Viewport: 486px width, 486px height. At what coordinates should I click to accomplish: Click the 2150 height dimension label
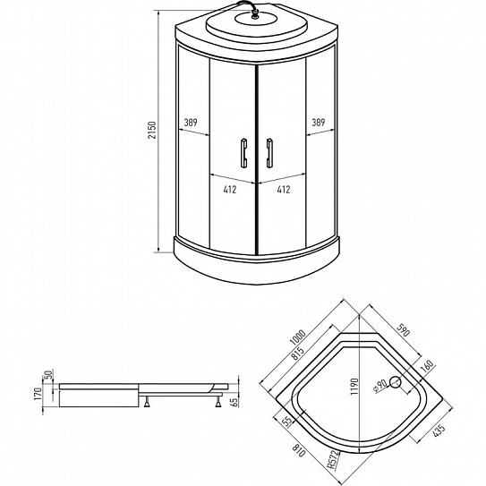click(x=152, y=130)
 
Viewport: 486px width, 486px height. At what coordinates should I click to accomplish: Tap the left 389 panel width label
click(x=191, y=123)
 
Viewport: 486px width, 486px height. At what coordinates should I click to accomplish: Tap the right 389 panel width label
click(x=319, y=123)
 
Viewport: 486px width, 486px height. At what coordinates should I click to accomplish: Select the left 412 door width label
click(x=230, y=190)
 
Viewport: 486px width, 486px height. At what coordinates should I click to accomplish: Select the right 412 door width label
click(x=284, y=190)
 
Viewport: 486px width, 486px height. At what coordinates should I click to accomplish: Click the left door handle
click(x=244, y=153)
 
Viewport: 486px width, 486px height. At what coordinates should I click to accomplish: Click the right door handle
click(x=269, y=153)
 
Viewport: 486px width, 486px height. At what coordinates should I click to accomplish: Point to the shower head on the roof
click(x=254, y=14)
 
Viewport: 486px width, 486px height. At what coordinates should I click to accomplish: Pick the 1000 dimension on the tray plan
click(x=298, y=337)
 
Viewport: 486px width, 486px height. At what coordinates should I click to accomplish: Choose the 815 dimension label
click(x=297, y=353)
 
